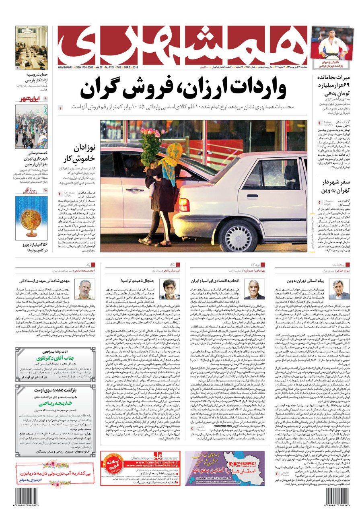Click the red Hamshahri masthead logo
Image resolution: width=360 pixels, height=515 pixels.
[183, 44]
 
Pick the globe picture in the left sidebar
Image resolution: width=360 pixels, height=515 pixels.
[31, 217]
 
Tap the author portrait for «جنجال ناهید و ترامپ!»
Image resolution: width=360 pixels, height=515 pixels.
[170, 290]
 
